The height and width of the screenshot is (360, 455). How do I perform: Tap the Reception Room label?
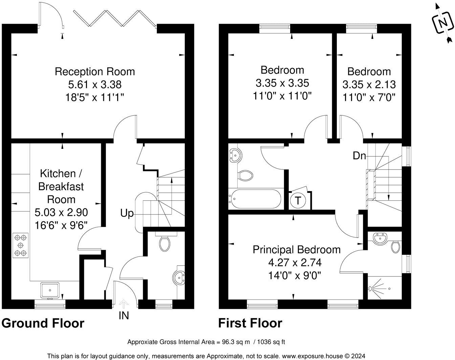pos(95,72)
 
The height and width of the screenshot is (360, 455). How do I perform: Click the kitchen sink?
pos(50,290)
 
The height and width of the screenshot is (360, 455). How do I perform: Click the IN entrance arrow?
pos(124,304)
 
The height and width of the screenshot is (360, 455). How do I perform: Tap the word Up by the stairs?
pos(127,213)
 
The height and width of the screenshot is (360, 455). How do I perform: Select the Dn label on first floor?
pos(360,156)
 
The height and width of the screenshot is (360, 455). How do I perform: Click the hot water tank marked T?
pos(298,201)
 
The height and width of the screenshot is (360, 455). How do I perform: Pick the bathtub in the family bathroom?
pos(255,200)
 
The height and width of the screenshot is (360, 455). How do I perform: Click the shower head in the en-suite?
pos(371,289)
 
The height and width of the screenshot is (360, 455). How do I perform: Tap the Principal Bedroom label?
pos(297,250)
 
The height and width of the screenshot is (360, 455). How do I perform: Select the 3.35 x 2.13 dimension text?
pos(369,84)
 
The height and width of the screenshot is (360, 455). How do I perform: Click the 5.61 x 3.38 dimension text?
pos(95,84)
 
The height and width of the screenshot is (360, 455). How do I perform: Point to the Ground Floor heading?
pos(43,323)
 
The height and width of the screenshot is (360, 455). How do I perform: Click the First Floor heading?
pos(250,323)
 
